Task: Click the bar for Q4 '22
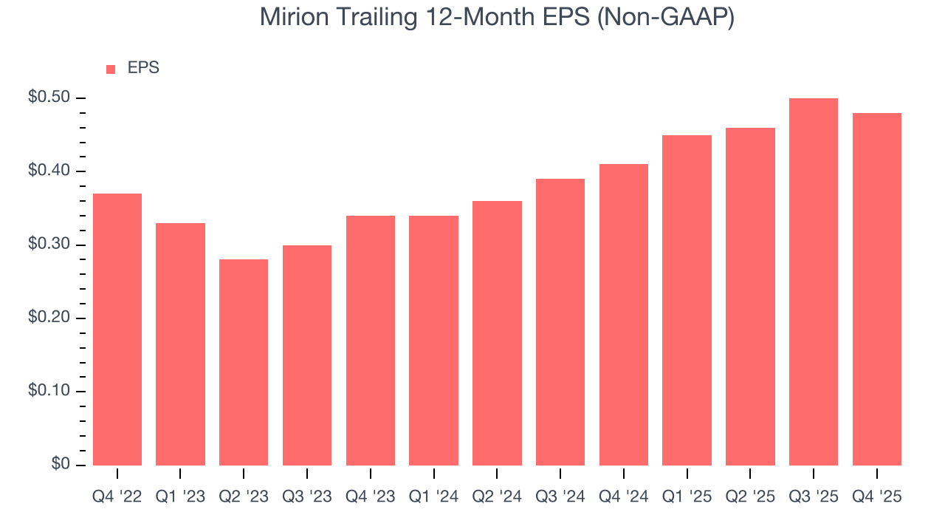117,330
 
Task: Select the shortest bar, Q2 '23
244,362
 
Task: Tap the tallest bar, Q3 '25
814,282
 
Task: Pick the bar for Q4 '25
876,289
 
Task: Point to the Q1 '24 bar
433,341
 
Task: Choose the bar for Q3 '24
560,322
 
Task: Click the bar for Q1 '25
687,300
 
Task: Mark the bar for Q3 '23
307,355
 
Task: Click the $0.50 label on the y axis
49,98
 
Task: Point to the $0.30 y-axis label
49,245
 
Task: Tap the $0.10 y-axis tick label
49,392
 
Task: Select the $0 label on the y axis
60,465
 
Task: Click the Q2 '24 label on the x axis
497,497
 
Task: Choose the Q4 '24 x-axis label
624,497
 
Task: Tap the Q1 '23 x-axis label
180,497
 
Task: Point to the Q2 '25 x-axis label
750,497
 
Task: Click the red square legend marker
111,69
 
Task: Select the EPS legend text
143,69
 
